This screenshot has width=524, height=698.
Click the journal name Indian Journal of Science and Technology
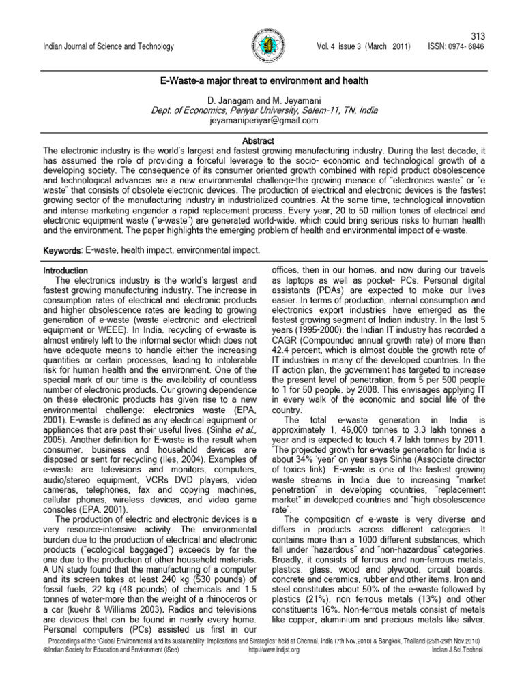[x=108, y=46]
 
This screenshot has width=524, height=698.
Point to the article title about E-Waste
[x=263, y=81]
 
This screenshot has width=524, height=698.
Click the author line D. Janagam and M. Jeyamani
[x=263, y=100]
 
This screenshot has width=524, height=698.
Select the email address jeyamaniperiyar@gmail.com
[x=263, y=121]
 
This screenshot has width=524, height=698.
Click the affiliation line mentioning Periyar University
[x=263, y=110]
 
